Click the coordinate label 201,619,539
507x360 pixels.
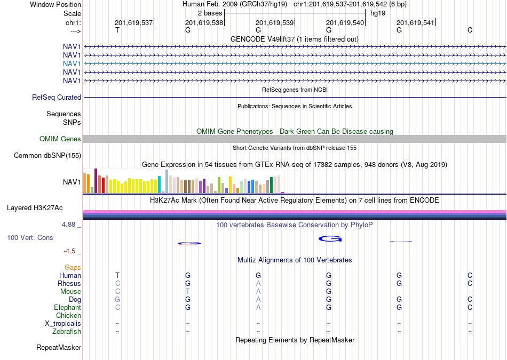[x=274, y=22]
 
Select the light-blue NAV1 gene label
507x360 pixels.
[x=72, y=63]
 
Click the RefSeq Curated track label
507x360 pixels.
[x=57, y=97]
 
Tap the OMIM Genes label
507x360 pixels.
[x=60, y=139]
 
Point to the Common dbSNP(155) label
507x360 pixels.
[x=47, y=155]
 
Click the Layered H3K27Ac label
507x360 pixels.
[x=35, y=208]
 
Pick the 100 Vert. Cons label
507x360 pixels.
[x=30, y=237]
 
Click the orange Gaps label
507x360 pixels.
[x=73, y=267]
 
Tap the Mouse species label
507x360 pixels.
[x=70, y=292]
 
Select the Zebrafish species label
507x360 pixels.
[x=67, y=332]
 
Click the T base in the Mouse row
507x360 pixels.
[x=187, y=292]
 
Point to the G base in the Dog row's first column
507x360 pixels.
[x=117, y=300]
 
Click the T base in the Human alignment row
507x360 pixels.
[x=117, y=275]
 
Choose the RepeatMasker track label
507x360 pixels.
[x=59, y=347]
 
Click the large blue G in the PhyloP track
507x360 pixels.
[x=330, y=239]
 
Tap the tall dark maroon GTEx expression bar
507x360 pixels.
[x=96, y=181]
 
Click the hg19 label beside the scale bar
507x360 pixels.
[x=378, y=13]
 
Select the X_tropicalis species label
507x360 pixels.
[x=63, y=324]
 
